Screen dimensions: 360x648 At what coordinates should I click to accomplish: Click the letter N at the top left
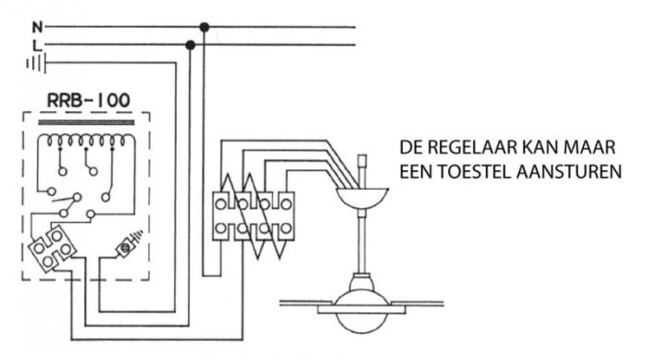pyautogui.click(x=37, y=28)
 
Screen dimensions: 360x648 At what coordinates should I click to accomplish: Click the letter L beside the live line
pyautogui.click(x=37, y=45)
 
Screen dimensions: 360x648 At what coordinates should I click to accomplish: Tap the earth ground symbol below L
pyautogui.click(x=36, y=63)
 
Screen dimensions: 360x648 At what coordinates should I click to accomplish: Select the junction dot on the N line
pyautogui.click(x=205, y=28)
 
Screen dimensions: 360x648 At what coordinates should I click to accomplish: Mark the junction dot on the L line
pyautogui.click(x=191, y=44)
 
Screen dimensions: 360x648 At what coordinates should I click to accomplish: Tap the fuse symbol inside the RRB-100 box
pyautogui.click(x=128, y=247)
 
